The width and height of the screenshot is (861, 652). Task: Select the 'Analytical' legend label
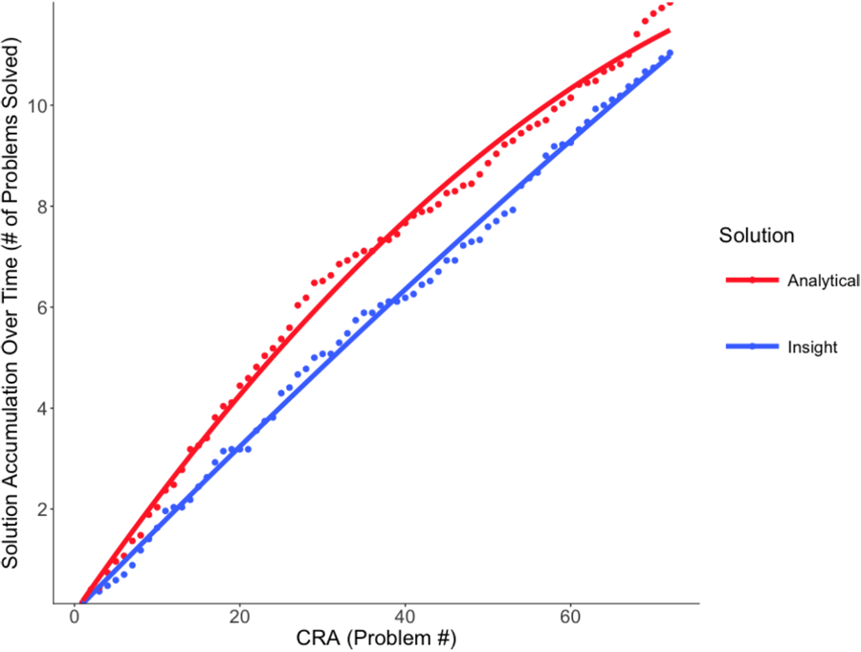point(822,281)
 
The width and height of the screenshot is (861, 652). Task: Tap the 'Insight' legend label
point(812,348)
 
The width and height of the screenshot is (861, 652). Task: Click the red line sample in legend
point(752,281)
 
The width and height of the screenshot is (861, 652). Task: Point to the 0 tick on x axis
point(75,615)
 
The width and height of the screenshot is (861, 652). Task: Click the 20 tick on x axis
point(239,615)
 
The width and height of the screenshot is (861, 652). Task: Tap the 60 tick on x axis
point(570,615)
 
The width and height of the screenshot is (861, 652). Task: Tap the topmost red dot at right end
point(670,3)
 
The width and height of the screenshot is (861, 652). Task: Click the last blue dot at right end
point(670,53)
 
